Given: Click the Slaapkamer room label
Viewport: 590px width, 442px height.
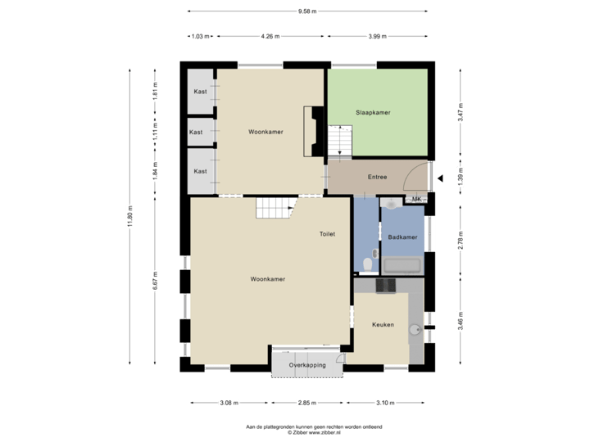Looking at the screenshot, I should click(x=372, y=112).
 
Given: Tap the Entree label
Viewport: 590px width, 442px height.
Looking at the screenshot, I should click(x=377, y=177).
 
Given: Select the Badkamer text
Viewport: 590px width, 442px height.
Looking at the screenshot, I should click(x=402, y=237).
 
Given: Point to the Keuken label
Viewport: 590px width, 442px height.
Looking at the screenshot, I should click(x=383, y=325).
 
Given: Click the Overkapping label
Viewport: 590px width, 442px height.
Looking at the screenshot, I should click(x=307, y=365).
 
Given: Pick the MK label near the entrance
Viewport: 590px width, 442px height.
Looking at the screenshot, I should click(x=416, y=199).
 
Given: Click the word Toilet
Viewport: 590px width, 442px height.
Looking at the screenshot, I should click(x=328, y=234).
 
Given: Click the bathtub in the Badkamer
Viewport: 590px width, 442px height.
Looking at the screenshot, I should click(x=402, y=265).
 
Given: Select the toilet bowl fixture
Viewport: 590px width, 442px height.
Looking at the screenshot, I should click(x=368, y=264).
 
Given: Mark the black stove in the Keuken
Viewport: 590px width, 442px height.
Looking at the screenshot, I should click(x=384, y=285).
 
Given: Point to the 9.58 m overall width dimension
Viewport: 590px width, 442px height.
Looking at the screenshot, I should click(x=307, y=11).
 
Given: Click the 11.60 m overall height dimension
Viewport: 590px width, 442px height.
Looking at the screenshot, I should click(x=129, y=217).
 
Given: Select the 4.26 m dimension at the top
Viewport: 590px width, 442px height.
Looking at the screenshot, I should click(x=270, y=37).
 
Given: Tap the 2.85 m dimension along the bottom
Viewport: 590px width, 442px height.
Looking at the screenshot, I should click(x=306, y=403).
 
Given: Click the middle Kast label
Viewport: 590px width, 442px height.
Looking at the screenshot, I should click(x=196, y=132).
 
